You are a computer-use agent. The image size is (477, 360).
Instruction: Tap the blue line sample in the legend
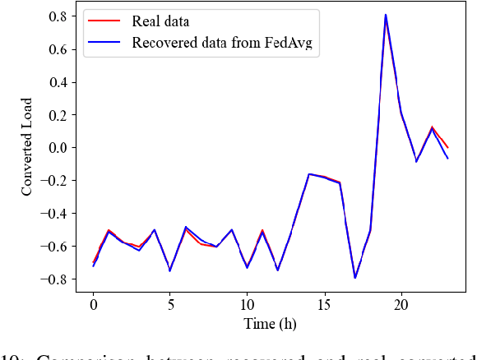coord(105,43)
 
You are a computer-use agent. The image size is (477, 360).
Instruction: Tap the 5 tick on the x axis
coord(170,304)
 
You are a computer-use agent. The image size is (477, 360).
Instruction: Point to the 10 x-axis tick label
coord(247,304)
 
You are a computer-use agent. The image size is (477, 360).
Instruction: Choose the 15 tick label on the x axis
coord(324,304)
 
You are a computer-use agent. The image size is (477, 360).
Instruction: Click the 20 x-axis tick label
coord(401,304)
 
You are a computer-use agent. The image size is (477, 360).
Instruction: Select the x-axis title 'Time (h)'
coord(271,324)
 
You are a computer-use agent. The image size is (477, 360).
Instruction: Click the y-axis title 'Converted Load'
coord(27,148)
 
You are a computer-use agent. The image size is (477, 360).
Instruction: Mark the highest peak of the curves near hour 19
coord(386,16)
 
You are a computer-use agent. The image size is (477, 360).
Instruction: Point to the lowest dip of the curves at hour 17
coord(355,278)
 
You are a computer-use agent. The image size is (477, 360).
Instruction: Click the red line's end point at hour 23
coord(447,148)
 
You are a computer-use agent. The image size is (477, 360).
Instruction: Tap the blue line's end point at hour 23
coord(447,158)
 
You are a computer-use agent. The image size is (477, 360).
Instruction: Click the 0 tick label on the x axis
coord(93,304)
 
